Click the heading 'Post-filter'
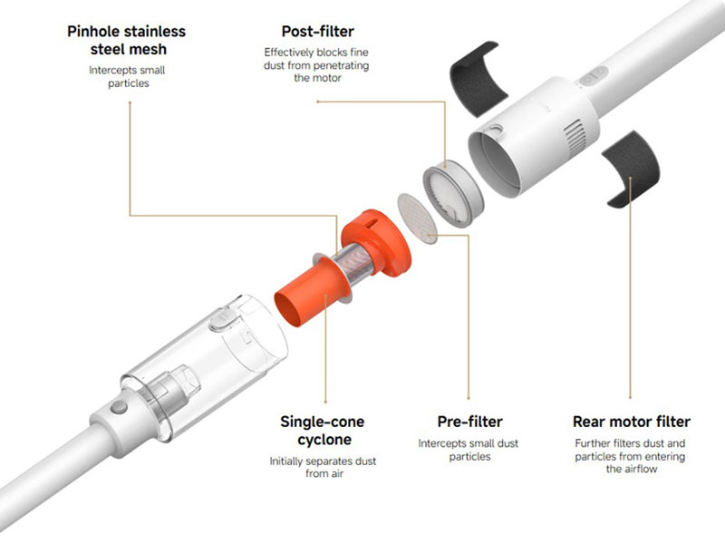(318, 32)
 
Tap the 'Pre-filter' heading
(469, 422)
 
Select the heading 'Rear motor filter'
(631, 422)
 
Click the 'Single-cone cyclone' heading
(323, 430)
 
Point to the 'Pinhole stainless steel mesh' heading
(127, 40)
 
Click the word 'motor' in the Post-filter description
(326, 78)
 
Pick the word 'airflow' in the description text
(640, 469)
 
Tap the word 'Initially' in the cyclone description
(286, 461)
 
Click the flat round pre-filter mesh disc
(417, 218)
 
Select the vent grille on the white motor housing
(575, 135)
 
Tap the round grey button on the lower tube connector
(119, 407)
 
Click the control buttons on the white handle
(592, 76)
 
